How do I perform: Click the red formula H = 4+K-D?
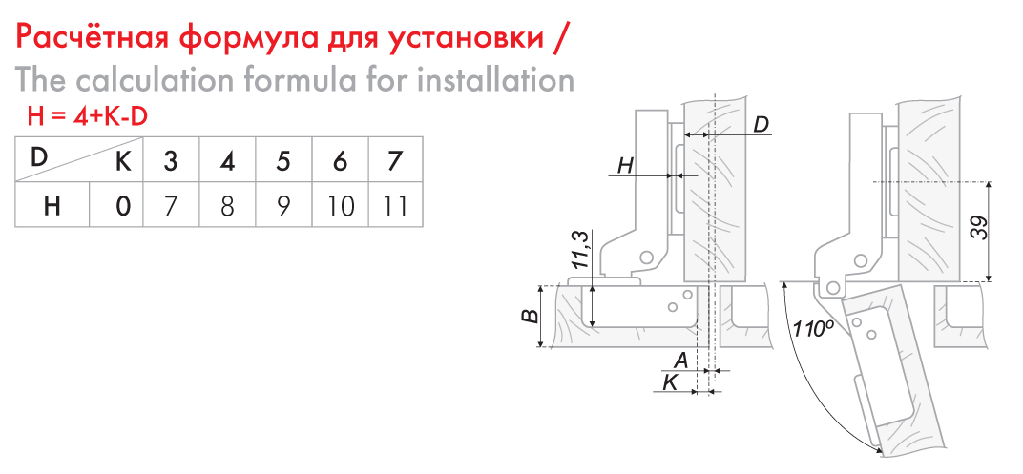(x=87, y=116)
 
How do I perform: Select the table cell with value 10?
(x=340, y=206)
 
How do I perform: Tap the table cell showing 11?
(x=395, y=206)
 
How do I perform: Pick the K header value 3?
(x=170, y=160)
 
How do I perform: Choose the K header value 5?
(x=283, y=160)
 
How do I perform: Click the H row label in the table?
(x=52, y=206)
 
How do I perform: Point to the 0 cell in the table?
(x=123, y=206)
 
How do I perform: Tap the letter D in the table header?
(x=38, y=157)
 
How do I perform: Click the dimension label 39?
(x=979, y=228)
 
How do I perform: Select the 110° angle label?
(x=810, y=328)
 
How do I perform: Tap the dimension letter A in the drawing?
(x=681, y=359)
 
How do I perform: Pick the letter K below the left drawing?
(x=670, y=382)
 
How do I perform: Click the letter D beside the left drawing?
(x=761, y=124)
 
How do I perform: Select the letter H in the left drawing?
(x=625, y=166)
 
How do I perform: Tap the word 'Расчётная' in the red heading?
(x=94, y=38)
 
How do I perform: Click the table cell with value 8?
(x=227, y=206)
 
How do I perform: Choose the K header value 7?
(x=395, y=160)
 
